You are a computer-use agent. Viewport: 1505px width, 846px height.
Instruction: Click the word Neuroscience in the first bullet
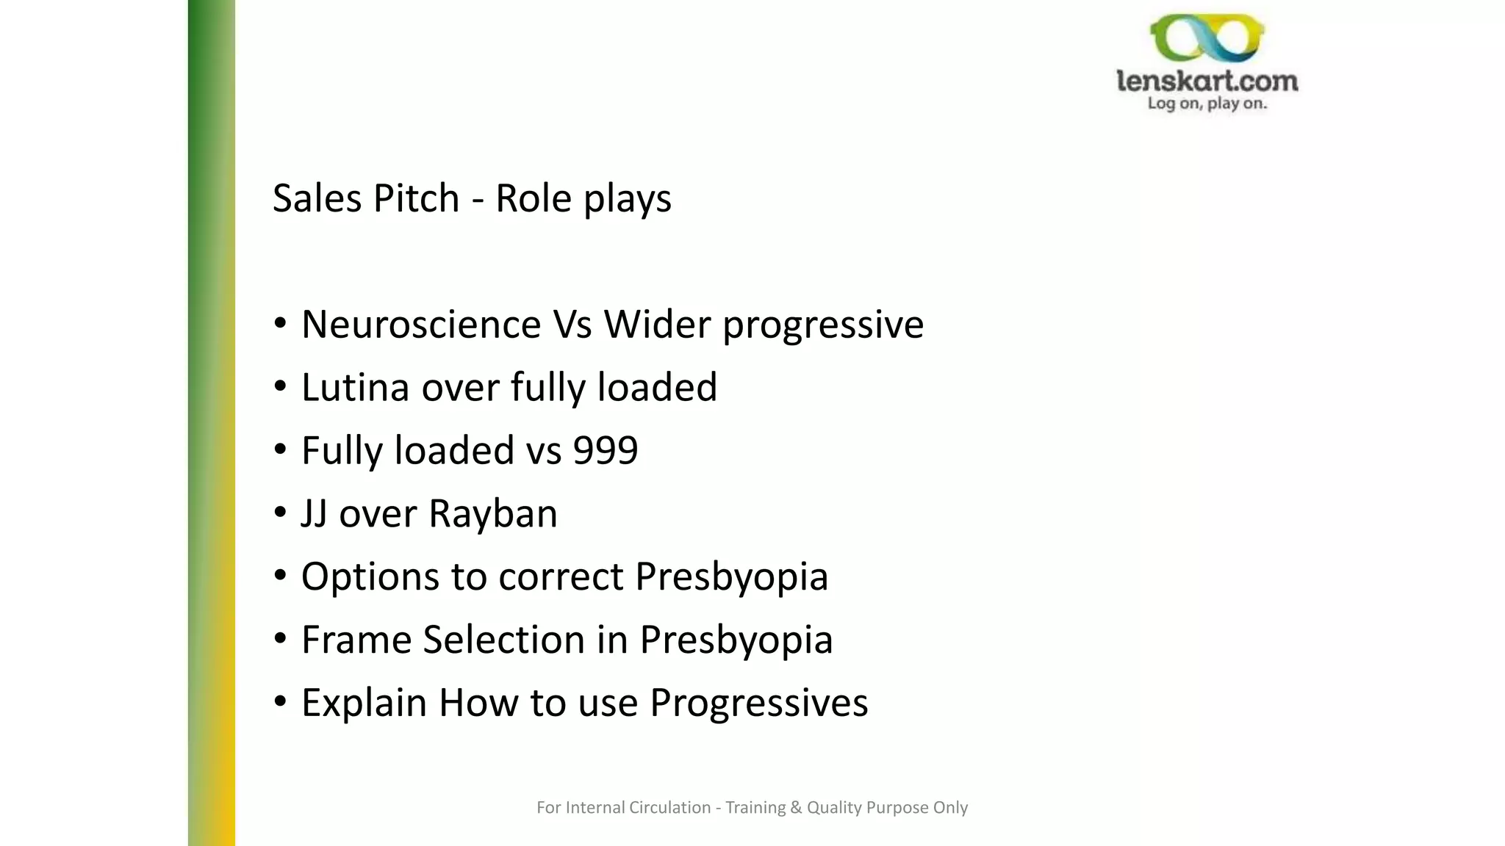(420, 325)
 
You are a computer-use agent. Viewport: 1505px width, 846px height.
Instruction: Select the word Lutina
(355, 388)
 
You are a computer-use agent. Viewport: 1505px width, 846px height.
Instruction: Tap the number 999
(606, 450)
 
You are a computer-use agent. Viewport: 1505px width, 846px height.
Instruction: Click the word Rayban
(492, 513)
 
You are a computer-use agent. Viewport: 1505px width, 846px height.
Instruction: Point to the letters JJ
(314, 513)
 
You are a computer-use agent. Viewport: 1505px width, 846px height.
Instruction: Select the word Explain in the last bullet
(364, 704)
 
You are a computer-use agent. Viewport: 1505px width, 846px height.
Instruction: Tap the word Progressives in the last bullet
(758, 704)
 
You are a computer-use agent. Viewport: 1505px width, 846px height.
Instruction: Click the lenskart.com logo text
(1207, 81)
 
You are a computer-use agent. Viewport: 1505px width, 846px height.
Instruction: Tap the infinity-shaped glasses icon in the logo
(1207, 38)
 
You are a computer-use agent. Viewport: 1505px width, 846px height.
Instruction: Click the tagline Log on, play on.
(1207, 104)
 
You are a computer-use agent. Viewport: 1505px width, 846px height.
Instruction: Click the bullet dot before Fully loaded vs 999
(280, 449)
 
